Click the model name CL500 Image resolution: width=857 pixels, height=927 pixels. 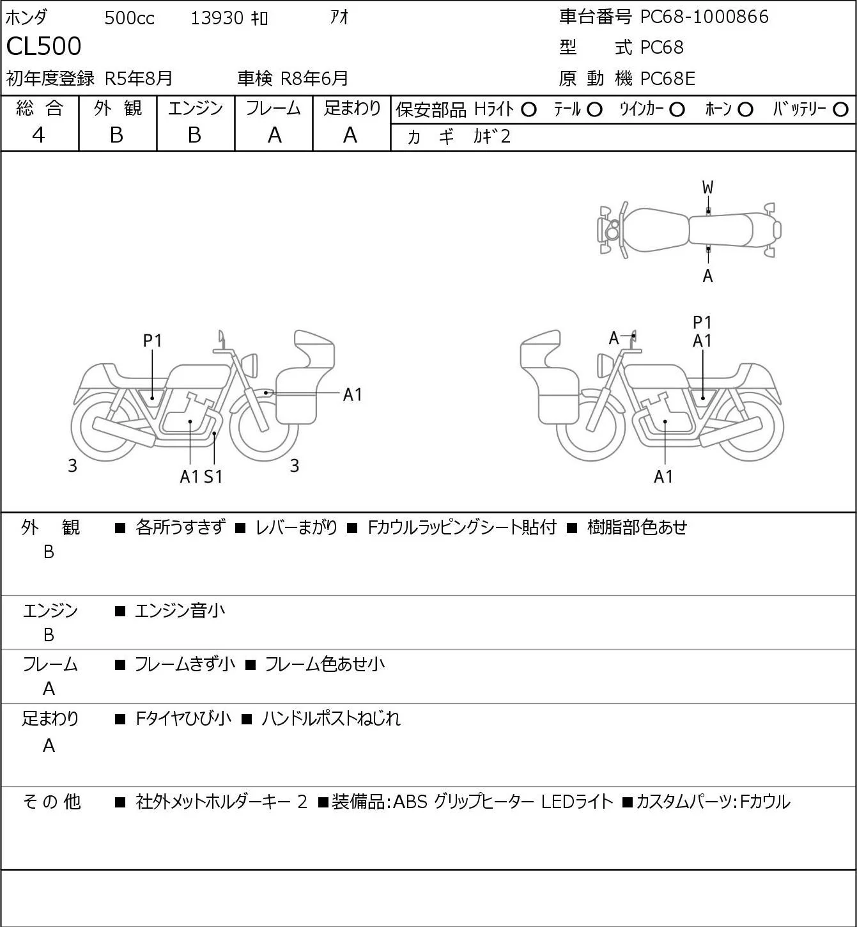pos(44,47)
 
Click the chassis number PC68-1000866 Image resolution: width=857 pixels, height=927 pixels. pos(704,17)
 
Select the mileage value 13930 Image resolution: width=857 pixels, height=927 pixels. pos(217,18)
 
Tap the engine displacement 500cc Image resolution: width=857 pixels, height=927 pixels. pos(129,18)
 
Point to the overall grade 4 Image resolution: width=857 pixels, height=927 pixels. pos(39,135)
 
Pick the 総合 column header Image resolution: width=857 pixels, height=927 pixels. pos(39,108)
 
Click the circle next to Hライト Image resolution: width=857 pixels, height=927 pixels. pos(529,109)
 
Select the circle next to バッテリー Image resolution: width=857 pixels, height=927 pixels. pos(841,109)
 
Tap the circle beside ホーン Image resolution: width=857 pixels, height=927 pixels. pos(745,109)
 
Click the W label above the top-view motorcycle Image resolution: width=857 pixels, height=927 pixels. pos(707,187)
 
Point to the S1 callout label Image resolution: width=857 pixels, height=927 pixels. pos(213,476)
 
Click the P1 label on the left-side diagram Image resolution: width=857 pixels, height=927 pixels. pos(152,341)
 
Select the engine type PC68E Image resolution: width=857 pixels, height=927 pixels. pos(667,79)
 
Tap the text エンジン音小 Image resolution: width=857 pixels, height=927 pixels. pos(180,611)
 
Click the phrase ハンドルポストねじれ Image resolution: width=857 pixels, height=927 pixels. pos(331,719)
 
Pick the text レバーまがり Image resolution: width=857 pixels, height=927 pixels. pos(296,527)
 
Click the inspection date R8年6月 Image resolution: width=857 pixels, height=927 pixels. pos(314,79)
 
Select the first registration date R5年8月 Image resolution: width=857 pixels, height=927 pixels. pos(139,79)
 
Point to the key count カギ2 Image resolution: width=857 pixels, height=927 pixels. pos(491,136)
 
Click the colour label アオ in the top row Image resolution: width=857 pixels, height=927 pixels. pos(339,17)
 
